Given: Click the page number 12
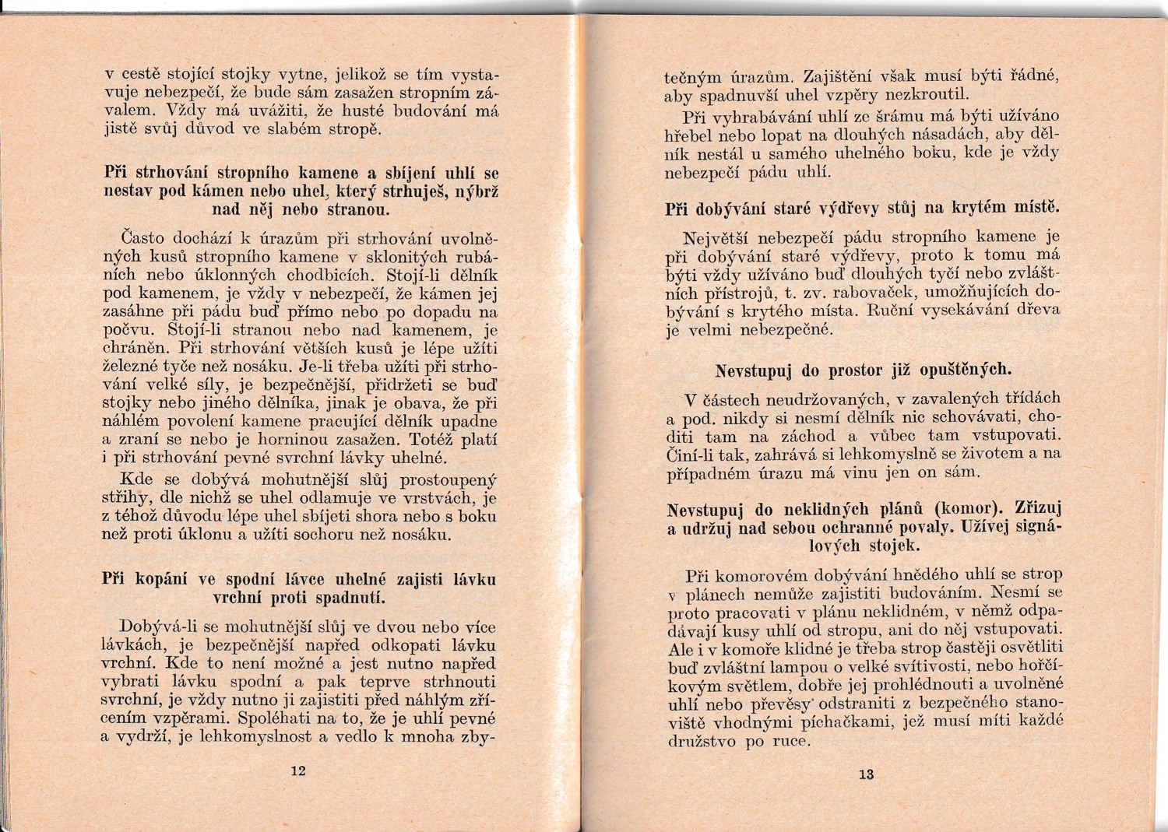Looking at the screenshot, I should click(298, 771).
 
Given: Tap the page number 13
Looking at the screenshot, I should click(866, 774).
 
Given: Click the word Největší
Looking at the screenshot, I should click(716, 237).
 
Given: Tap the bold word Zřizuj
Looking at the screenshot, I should click(1039, 509).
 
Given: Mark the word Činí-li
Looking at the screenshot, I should click(693, 455).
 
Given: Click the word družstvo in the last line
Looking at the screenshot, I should click(702, 741).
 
